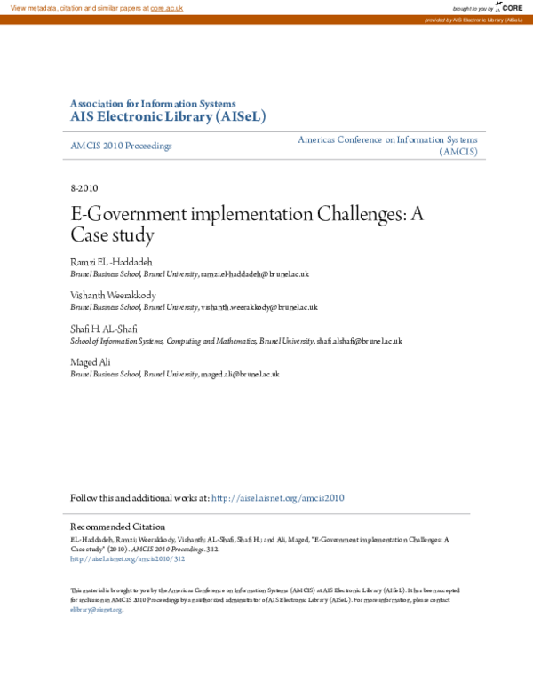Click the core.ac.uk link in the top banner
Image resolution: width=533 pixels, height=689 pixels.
coord(166,7)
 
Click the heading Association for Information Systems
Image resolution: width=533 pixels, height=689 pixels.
coord(153,103)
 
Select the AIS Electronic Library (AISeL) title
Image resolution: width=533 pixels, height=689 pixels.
coord(168,116)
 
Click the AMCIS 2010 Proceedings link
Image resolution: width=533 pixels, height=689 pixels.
coord(121,146)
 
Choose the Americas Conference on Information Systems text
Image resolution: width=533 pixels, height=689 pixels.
coord(387,140)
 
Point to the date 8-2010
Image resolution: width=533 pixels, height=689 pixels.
coord(84,189)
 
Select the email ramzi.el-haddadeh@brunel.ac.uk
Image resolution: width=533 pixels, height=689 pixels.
coord(255,275)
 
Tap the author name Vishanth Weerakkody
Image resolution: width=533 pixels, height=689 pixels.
coord(115,296)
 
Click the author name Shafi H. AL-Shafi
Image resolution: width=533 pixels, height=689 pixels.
coord(104,329)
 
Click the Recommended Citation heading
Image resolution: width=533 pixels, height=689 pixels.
coord(117,527)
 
